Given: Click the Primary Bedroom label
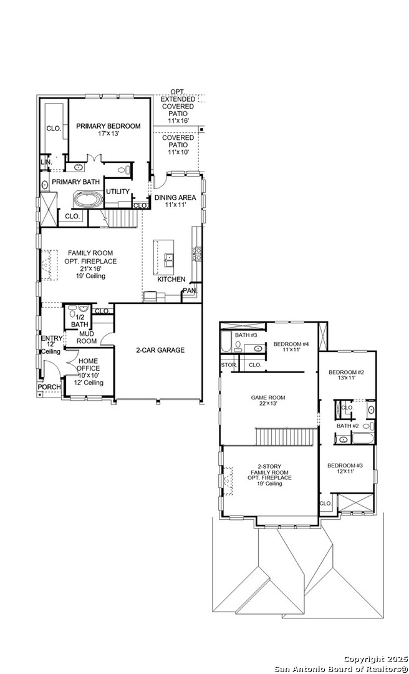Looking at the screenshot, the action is (108, 130).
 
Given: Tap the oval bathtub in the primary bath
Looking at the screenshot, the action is (89, 200).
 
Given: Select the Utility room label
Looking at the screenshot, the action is (118, 192).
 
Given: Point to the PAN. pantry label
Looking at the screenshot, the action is (190, 291).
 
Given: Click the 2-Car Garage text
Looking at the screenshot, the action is (154, 350).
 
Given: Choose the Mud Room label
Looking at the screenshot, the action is (87, 338).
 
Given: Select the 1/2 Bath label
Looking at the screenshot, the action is (79, 321).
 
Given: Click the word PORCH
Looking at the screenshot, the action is (49, 387).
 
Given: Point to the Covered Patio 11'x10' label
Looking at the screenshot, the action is (178, 145).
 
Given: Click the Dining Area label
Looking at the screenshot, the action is (175, 201).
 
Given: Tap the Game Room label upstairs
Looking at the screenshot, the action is (268, 401).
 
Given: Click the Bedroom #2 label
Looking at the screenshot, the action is (346, 375).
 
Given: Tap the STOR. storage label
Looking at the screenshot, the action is (228, 365).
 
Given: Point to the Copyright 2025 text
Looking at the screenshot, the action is (375, 660).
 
